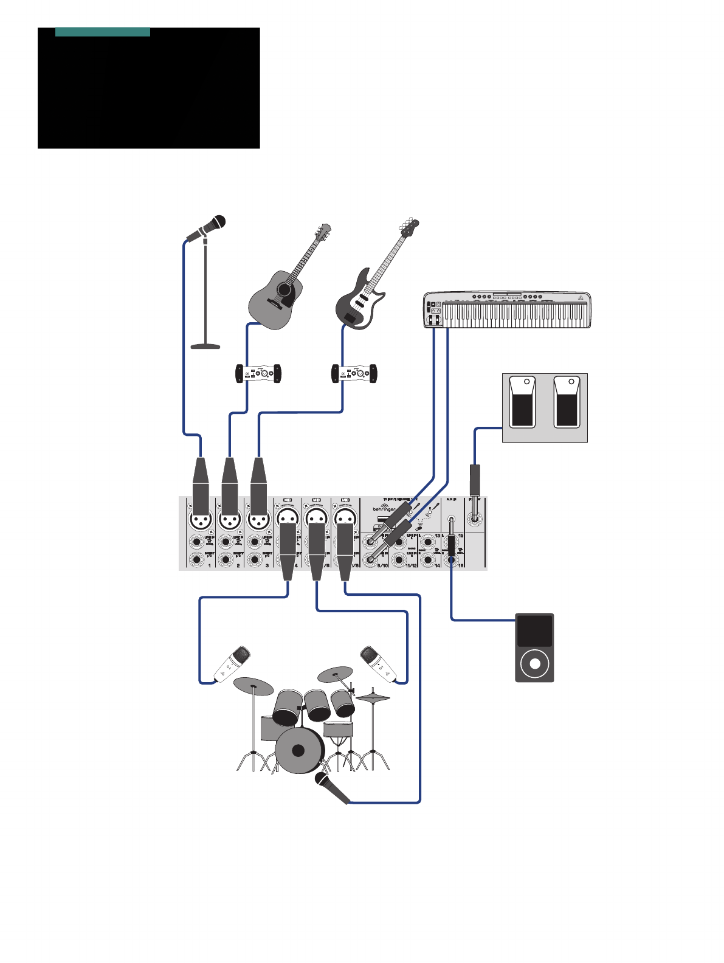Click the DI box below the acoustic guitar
[x=258, y=373]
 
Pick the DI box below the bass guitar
[x=354, y=373]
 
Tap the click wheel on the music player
[x=534, y=664]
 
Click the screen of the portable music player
[x=534, y=631]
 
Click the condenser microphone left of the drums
[x=232, y=664]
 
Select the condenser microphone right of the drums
[x=379, y=664]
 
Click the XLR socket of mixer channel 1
[x=201, y=520]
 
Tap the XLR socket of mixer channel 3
[x=259, y=520]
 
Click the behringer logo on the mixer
[x=384, y=508]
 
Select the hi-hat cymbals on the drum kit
[x=373, y=697]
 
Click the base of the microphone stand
[x=205, y=347]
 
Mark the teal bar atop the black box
[x=103, y=32]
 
